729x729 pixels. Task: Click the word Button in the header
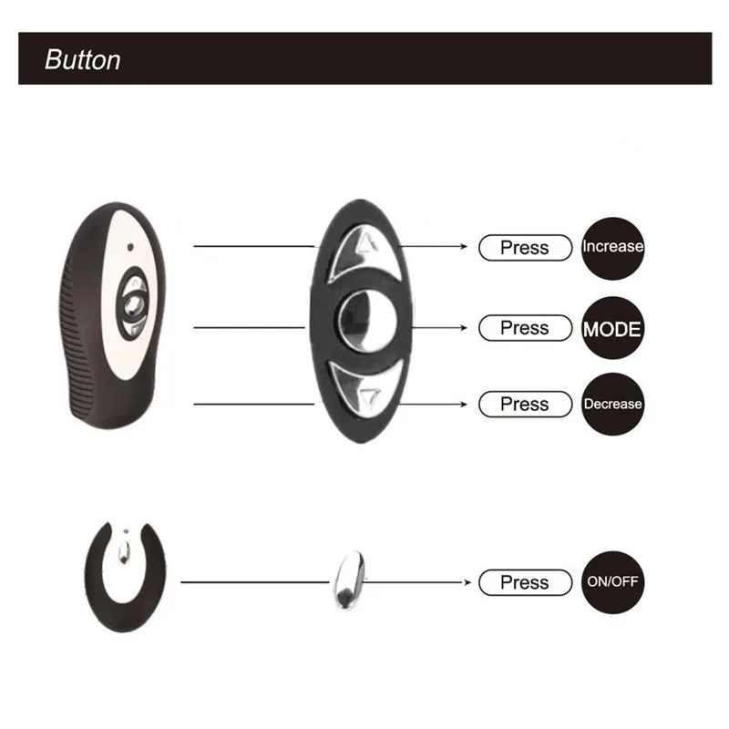coord(82,60)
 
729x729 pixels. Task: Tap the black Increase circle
coord(612,248)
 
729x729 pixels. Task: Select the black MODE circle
coord(612,328)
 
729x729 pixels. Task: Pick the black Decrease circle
coord(612,404)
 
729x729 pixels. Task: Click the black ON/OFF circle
coord(612,582)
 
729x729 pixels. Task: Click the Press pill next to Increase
coord(525,248)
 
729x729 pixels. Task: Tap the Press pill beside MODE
coord(525,328)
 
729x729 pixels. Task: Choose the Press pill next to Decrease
coord(525,404)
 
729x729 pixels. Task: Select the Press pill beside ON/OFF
coord(525,582)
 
